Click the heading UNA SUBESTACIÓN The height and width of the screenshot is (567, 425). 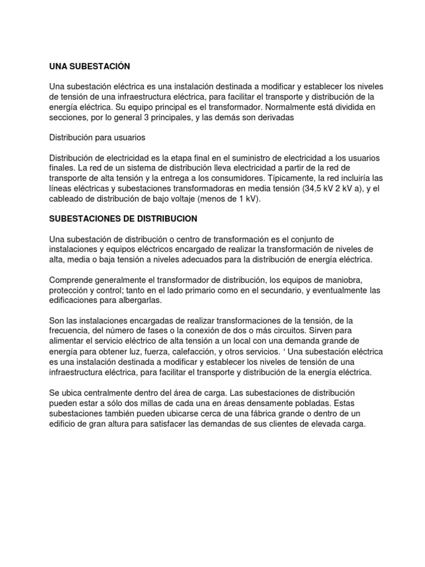90,66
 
